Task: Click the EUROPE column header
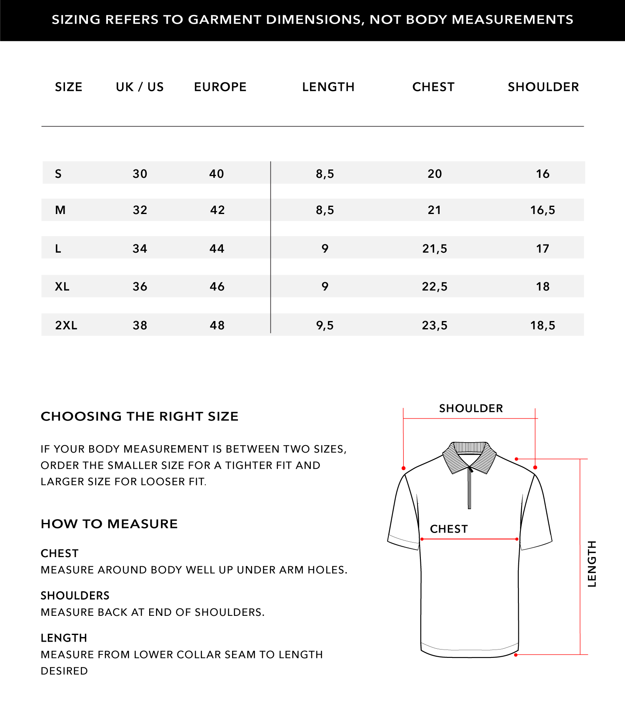(220, 87)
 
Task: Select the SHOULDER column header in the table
(543, 87)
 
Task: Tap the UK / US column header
(140, 87)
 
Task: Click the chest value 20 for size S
(435, 174)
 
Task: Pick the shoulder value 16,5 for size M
(542, 210)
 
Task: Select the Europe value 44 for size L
(217, 249)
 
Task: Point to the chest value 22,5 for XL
(435, 286)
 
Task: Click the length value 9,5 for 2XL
(325, 325)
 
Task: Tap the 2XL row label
(66, 325)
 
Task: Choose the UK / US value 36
(140, 286)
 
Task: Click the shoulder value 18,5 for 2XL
(542, 325)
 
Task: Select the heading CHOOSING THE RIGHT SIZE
(140, 416)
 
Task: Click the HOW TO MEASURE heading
(109, 524)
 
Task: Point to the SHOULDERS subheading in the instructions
(75, 595)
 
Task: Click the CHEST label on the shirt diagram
(449, 529)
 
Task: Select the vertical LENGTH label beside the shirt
(592, 564)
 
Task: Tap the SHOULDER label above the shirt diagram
(471, 408)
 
